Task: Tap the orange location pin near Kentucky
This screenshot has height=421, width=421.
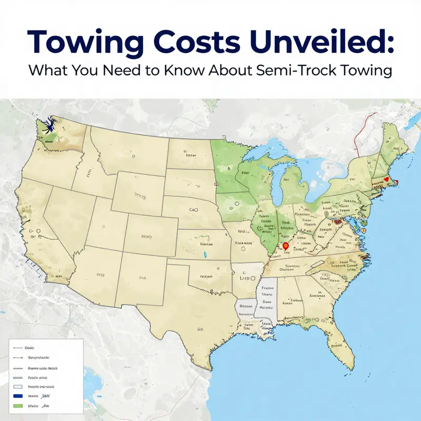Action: pos(286,245)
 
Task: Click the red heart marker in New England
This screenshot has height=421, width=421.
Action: pos(387,179)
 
